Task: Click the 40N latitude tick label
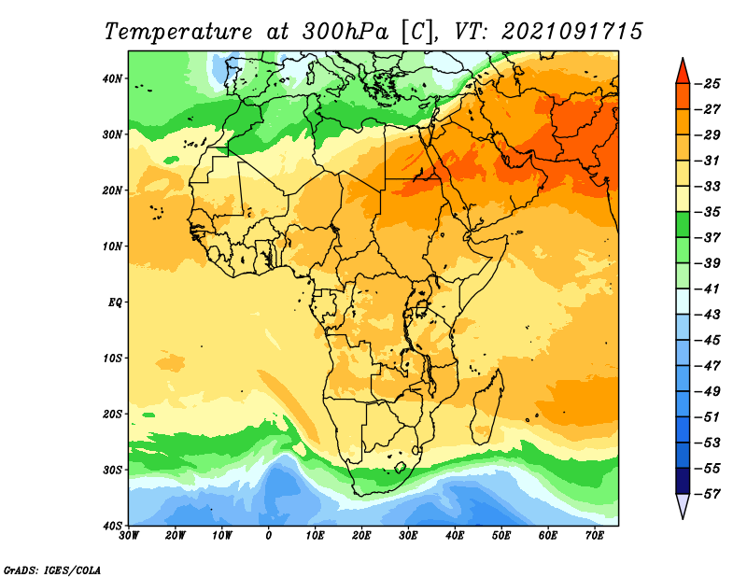pos(112,78)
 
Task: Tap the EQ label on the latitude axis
pos(115,303)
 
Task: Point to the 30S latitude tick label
pos(112,471)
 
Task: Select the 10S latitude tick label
pos(112,359)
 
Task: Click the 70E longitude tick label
pos(595,536)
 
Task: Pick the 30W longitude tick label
pos(129,536)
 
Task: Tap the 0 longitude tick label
pos(269,536)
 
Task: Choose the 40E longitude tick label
pos(455,536)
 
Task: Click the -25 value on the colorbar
pos(708,84)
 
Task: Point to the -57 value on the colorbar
pos(708,494)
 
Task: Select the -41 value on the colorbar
pos(708,289)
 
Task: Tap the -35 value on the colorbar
pos(708,212)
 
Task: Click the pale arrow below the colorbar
pos(683,505)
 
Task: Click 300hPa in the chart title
pos(345,32)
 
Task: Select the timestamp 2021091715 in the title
pos(572,32)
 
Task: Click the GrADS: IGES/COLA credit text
pos(52,570)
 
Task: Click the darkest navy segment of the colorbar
pos(683,481)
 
